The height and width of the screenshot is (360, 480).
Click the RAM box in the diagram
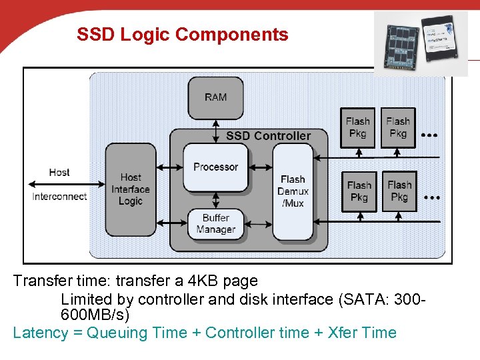click(x=215, y=97)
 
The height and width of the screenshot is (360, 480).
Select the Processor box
click(x=215, y=167)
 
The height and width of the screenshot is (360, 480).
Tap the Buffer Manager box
click(x=215, y=224)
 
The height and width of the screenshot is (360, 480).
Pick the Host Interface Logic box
click(x=131, y=189)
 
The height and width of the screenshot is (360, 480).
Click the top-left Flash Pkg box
click(x=358, y=127)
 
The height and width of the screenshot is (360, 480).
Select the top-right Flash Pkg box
click(x=398, y=127)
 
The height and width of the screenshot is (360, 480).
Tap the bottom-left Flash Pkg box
click(x=359, y=191)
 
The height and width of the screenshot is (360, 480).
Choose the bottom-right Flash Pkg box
click(x=399, y=191)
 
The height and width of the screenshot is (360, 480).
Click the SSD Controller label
click(x=268, y=136)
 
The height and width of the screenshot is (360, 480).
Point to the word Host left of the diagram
click(x=59, y=172)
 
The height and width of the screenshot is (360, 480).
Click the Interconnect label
click(x=59, y=196)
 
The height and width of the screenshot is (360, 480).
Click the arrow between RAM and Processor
click(x=215, y=131)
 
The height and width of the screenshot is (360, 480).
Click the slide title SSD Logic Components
click(x=183, y=35)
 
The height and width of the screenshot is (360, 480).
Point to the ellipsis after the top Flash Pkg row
click(x=431, y=135)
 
